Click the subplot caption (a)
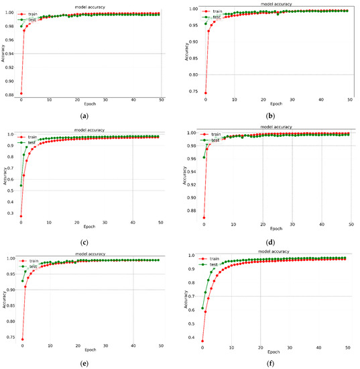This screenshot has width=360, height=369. tap(84, 115)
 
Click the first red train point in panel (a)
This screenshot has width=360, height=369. tap(21, 93)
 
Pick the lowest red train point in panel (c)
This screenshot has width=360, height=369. tap(21, 216)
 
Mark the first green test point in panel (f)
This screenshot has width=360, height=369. tap(202, 308)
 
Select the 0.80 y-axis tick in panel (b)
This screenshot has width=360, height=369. tap(193, 74)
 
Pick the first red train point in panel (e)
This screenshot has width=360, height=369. tap(21, 339)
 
